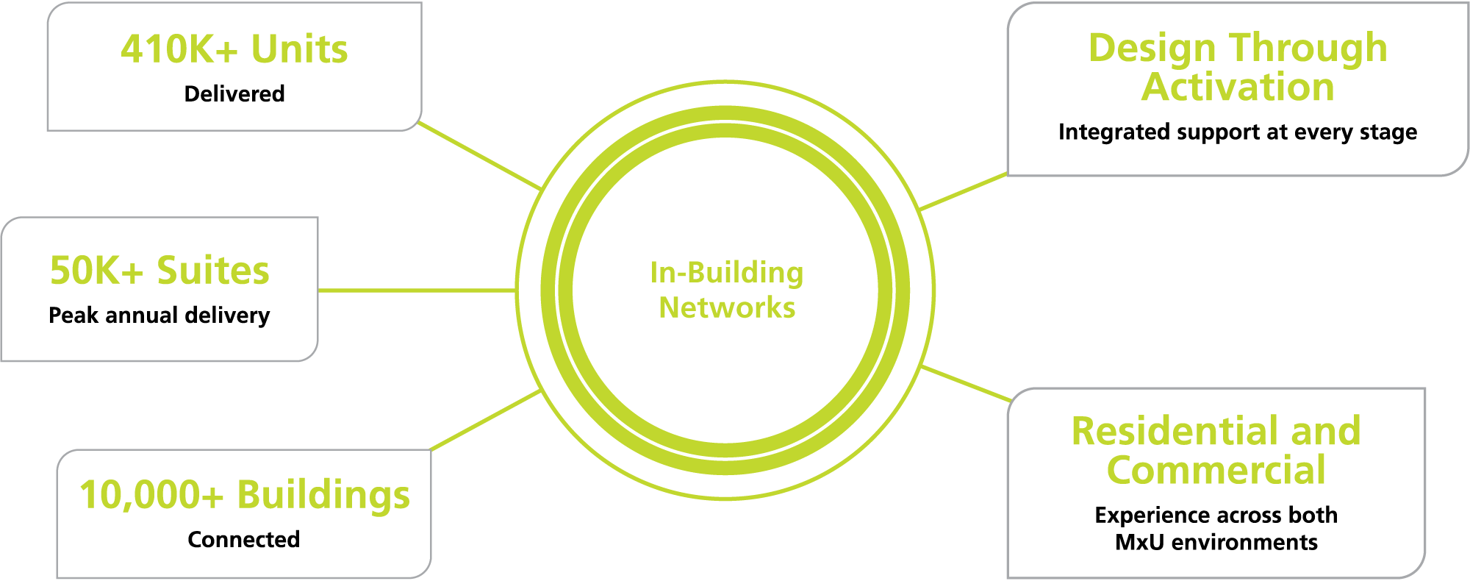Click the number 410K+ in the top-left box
point(179,50)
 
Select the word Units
point(299,50)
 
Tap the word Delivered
point(234,94)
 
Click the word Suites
point(213,271)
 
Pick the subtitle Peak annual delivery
point(159,316)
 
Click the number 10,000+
point(151,496)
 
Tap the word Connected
point(244,540)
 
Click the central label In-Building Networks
point(727,290)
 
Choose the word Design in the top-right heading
point(1152,49)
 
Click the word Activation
point(1238,88)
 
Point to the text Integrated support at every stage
point(1238,132)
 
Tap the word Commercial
point(1216,471)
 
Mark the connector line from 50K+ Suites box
point(417,290)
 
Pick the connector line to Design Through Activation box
point(963,192)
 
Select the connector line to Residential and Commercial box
point(967,383)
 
